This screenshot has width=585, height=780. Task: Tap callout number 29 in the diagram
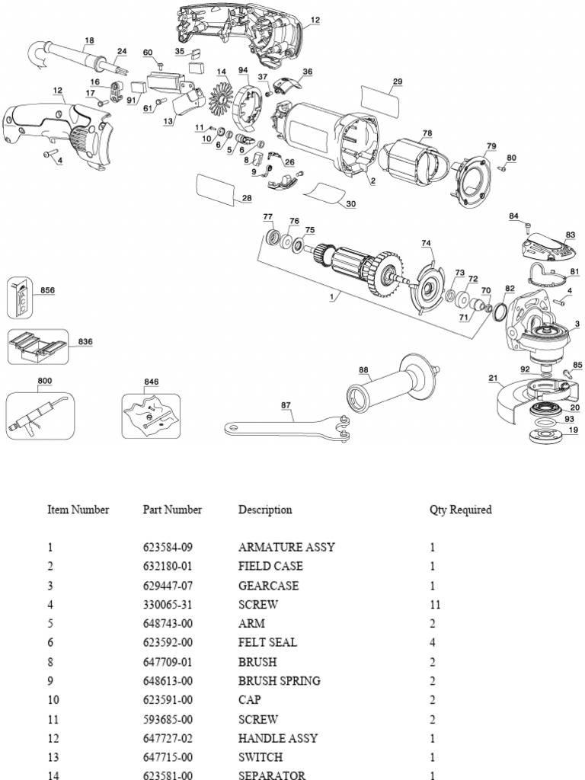click(x=397, y=81)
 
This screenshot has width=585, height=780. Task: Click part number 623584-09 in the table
click(x=172, y=548)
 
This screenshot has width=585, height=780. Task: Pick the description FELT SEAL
click(x=267, y=643)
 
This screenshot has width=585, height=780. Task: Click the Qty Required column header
click(x=460, y=510)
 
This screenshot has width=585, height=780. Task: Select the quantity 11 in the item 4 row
click(x=435, y=605)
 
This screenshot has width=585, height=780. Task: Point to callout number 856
click(x=47, y=290)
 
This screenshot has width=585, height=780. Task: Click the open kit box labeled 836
click(x=38, y=348)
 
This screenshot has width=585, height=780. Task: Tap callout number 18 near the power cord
click(x=89, y=40)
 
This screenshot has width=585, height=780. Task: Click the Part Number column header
click(x=172, y=510)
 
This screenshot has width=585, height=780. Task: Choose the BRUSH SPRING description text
click(x=280, y=681)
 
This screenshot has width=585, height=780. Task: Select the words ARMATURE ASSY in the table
click(x=286, y=548)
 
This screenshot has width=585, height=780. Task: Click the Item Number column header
click(x=78, y=510)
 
